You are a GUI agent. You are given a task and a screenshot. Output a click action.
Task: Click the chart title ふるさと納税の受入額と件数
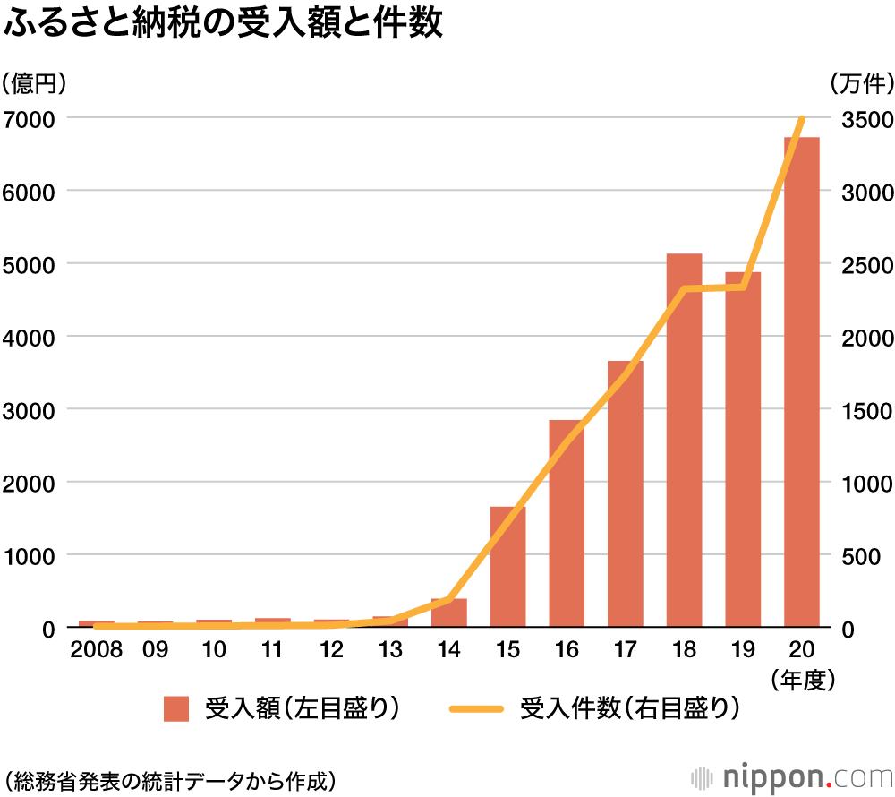[x=224, y=24]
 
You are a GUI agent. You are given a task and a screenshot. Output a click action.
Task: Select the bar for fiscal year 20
[x=801, y=385]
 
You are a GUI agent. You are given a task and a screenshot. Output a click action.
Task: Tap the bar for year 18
[x=684, y=443]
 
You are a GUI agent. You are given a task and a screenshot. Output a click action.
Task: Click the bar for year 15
[x=507, y=569]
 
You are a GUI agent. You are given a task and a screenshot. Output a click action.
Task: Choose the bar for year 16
[x=567, y=524]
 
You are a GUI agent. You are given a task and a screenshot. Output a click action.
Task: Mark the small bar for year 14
[x=449, y=613]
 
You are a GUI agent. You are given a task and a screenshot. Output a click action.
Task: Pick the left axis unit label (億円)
[x=35, y=83]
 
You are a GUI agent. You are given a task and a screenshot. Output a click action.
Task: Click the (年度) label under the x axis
[x=802, y=680]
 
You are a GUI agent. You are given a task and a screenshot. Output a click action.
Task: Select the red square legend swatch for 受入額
[x=176, y=709]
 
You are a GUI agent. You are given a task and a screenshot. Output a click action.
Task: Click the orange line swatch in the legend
[x=478, y=709]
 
